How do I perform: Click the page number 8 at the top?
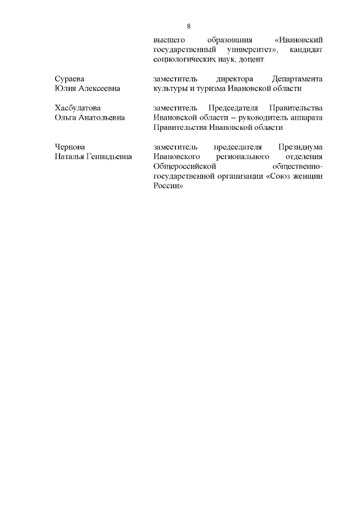click(189, 26)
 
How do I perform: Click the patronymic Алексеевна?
click(98, 89)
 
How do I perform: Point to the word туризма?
click(208, 89)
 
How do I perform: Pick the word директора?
click(235, 79)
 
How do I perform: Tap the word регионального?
click(242, 156)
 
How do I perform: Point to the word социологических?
click(184, 60)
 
